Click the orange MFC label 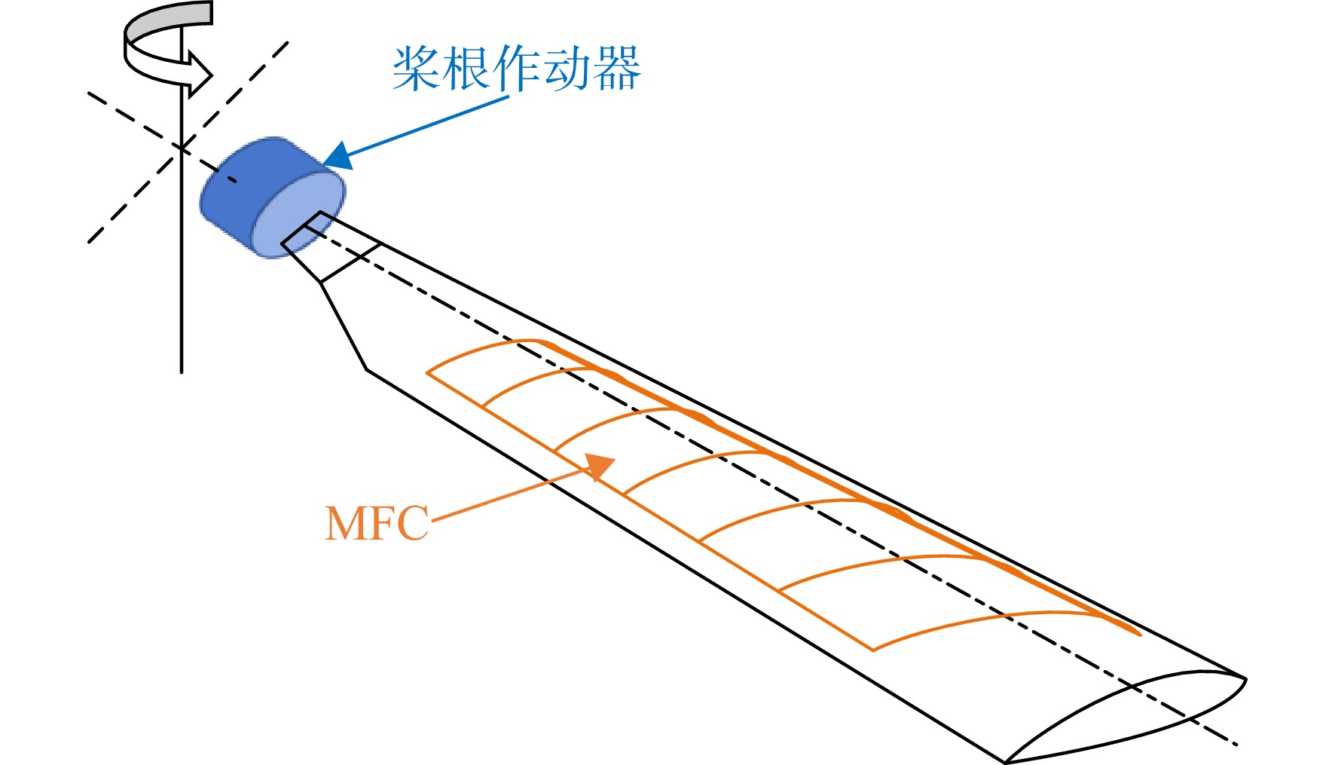pos(377,523)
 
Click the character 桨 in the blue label pos(417,69)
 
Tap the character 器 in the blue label pos(616,69)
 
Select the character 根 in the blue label pos(466,69)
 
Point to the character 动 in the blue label pos(567,69)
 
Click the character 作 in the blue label pos(517,69)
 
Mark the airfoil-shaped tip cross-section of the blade pos(1126,716)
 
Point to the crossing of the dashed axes pos(182,148)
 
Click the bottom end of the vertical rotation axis pos(182,372)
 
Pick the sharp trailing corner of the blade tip pos(1005,762)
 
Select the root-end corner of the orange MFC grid pos(427,372)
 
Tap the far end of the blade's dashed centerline pos(1236,745)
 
